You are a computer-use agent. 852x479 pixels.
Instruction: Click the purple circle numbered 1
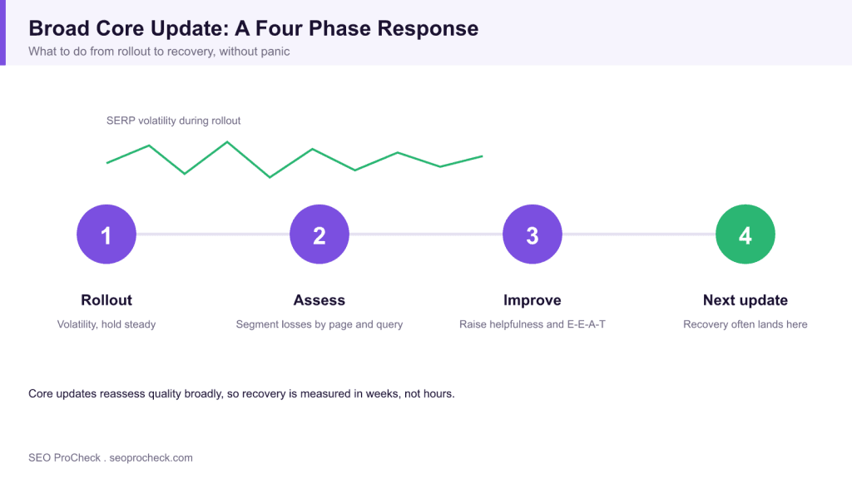point(106,234)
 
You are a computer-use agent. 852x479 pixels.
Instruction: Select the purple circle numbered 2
point(319,234)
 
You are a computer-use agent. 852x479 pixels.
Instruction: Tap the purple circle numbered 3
point(532,234)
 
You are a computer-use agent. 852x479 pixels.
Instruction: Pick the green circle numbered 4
point(745,234)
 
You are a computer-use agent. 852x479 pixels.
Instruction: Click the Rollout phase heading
point(106,300)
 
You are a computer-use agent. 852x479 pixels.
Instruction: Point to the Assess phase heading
point(319,300)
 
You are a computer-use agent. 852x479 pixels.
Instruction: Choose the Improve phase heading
point(532,300)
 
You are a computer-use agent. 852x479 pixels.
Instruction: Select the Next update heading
point(745,300)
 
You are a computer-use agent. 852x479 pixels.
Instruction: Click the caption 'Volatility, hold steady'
point(106,324)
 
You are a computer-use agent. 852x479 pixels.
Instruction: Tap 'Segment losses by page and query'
point(319,324)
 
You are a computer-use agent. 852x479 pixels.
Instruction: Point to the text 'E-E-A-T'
point(587,324)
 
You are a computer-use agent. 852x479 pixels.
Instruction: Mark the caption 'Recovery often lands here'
point(745,324)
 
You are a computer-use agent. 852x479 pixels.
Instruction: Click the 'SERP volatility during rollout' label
point(173,121)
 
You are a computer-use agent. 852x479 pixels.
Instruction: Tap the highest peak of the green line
point(227,142)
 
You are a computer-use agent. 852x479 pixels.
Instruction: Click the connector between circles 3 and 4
point(639,234)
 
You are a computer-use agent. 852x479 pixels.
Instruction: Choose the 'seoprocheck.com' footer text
point(151,458)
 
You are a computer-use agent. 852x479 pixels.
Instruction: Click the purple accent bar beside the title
point(2,32)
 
